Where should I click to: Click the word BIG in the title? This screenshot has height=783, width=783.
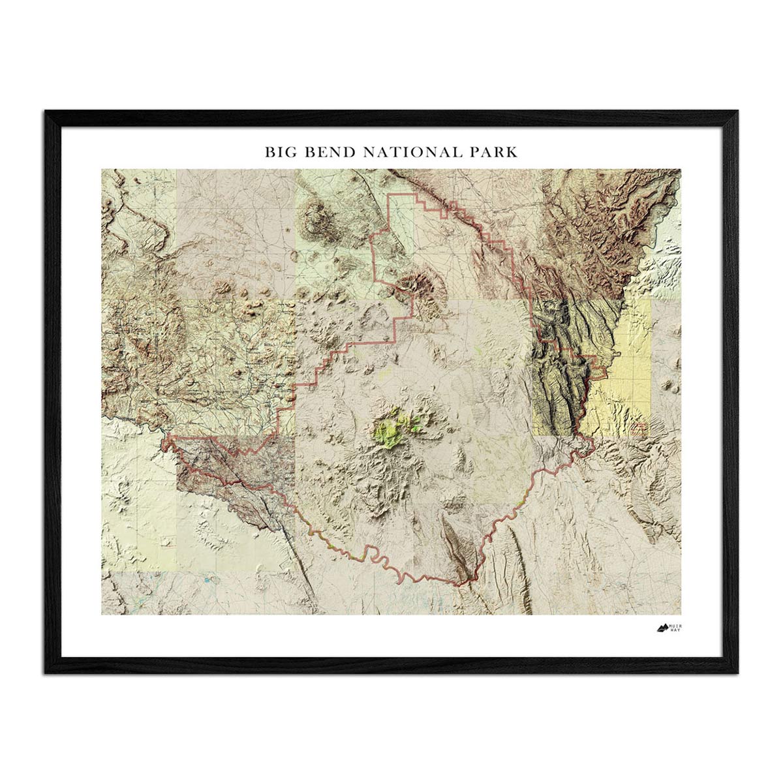278,152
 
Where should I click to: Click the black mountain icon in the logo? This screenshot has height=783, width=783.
662,628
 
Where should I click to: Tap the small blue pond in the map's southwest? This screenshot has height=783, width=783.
207,579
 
